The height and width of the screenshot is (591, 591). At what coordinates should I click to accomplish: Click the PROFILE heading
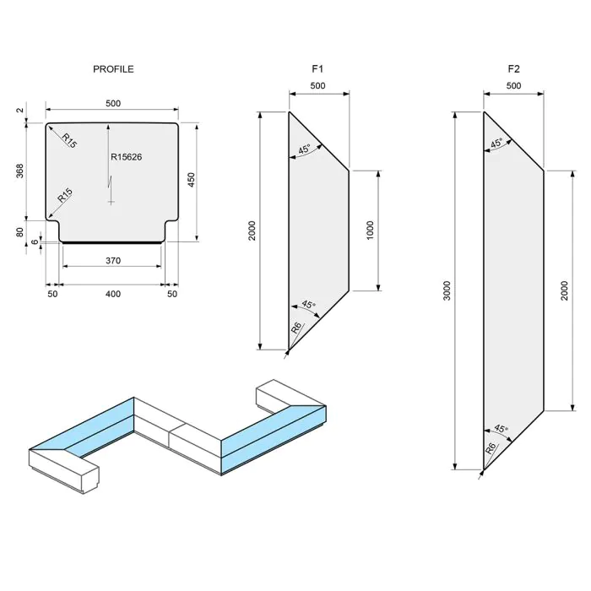coord(113,69)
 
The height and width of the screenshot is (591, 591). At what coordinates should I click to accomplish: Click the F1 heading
coord(318,69)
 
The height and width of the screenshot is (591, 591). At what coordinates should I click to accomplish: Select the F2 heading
coord(513,69)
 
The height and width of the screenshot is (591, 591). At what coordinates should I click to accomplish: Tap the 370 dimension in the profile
coord(113,261)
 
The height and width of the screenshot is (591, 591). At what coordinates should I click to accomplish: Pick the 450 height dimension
coord(192,182)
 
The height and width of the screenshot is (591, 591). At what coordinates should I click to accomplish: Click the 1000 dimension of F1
coord(371,231)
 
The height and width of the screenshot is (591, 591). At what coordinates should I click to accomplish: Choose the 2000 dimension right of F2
coord(564,290)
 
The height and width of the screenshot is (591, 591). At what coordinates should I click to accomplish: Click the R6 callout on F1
coord(296,327)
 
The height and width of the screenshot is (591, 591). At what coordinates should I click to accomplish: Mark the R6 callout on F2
coord(491,447)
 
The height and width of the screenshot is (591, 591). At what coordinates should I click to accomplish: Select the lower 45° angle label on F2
coord(500,430)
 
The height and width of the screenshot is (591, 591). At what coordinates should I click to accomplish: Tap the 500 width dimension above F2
coord(513,86)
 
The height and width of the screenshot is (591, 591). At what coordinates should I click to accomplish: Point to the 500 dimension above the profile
coord(113,103)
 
